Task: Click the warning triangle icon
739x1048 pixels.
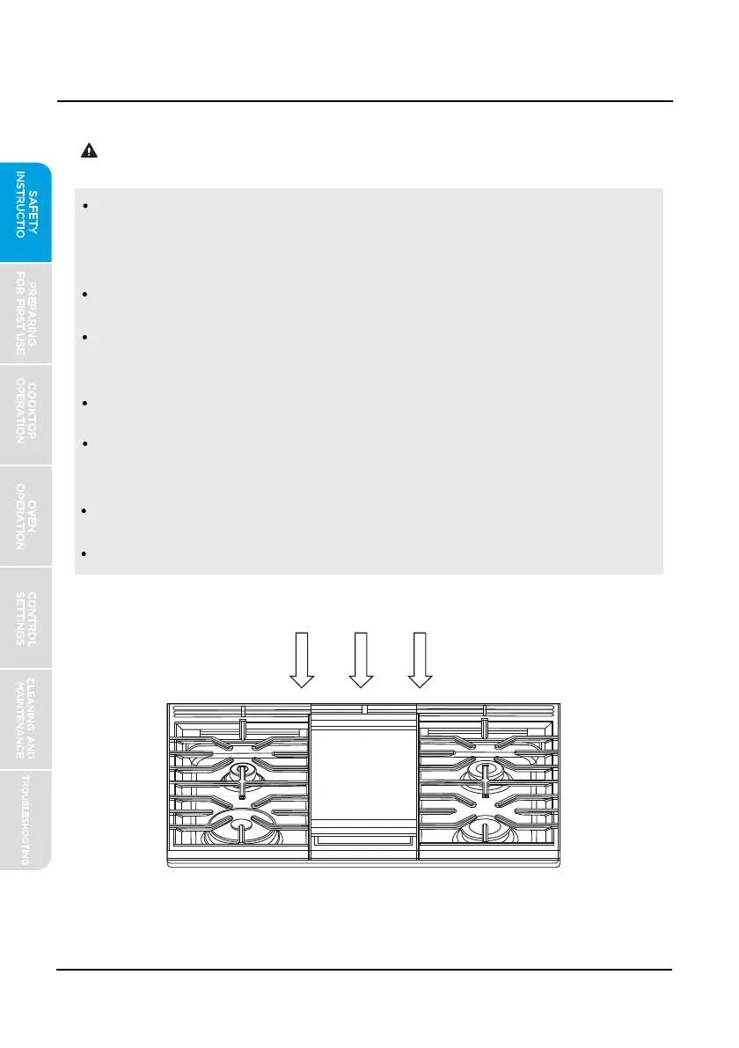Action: pyautogui.click(x=90, y=150)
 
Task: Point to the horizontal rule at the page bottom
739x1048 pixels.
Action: pyautogui.click(x=364, y=970)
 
